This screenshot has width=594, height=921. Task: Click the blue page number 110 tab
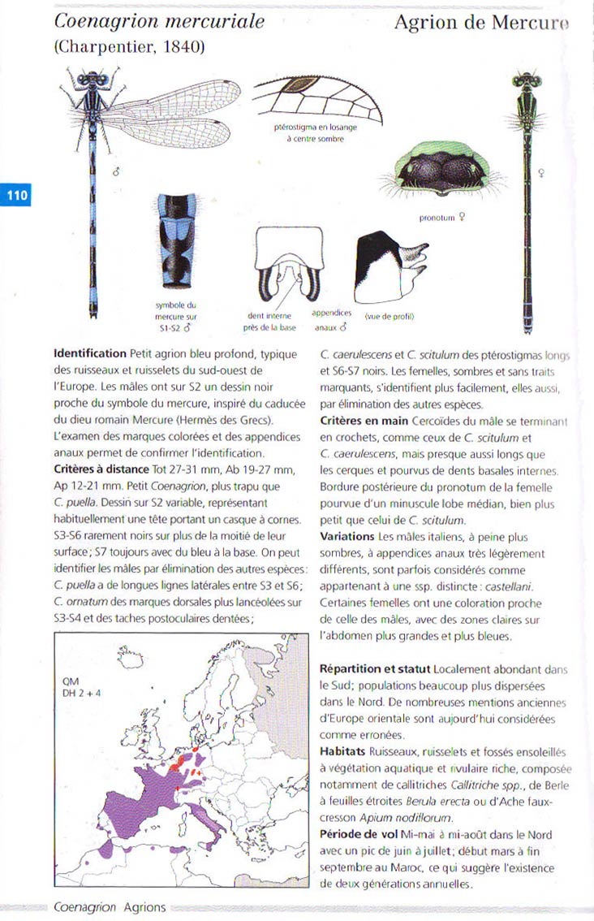(16, 196)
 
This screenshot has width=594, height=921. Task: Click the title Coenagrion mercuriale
(159, 22)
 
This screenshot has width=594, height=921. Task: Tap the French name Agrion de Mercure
(481, 24)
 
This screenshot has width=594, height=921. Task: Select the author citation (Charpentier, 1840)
(129, 47)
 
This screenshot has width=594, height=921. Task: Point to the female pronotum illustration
(442, 172)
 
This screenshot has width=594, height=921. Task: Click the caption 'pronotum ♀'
(442, 218)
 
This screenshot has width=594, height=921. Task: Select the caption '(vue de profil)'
(389, 316)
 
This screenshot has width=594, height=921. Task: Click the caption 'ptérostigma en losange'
(316, 127)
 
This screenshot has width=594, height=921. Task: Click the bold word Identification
(89, 354)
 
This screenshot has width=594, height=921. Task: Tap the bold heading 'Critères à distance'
(101, 471)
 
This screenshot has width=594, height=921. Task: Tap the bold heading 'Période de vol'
(359, 835)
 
